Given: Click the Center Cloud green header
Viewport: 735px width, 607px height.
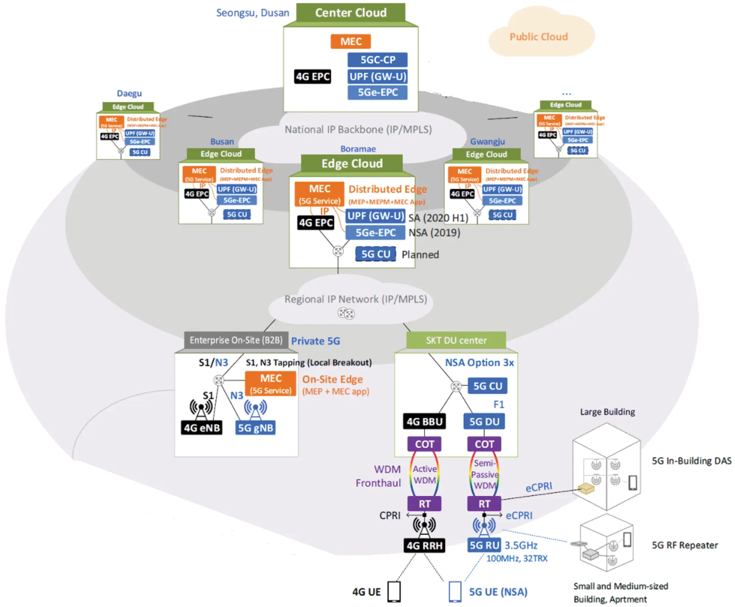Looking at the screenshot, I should [351, 13].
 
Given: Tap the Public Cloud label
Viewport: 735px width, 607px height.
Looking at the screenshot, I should [538, 37].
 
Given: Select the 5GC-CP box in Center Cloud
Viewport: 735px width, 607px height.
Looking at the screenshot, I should [378, 60].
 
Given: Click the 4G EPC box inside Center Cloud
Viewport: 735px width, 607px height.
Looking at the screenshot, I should [313, 77].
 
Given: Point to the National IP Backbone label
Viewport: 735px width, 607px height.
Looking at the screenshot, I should [358, 130].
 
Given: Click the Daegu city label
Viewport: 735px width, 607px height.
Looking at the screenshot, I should [129, 93].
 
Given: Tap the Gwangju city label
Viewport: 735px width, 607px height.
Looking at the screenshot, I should [487, 141].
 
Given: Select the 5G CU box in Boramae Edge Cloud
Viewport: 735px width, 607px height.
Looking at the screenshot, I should [375, 254].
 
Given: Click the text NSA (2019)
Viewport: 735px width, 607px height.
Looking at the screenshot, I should [434, 233].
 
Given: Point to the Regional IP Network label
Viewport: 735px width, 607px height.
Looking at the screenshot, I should [356, 299].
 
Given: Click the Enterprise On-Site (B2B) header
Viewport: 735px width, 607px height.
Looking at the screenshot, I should [236, 340].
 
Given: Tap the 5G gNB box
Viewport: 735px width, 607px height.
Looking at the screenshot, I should [255, 428].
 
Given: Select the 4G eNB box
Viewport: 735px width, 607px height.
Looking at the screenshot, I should [202, 428].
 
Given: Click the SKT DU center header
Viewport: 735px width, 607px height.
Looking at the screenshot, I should [456, 340].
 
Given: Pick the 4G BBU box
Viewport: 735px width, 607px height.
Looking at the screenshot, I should [424, 421].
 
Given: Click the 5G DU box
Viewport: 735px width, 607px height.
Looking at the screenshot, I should [484, 421].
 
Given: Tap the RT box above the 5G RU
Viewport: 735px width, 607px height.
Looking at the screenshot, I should [484, 504].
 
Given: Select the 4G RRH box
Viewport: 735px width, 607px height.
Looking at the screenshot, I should [424, 546].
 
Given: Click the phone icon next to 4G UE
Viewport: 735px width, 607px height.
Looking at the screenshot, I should [394, 591].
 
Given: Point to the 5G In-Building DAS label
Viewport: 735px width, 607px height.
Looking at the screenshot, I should [691, 461].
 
